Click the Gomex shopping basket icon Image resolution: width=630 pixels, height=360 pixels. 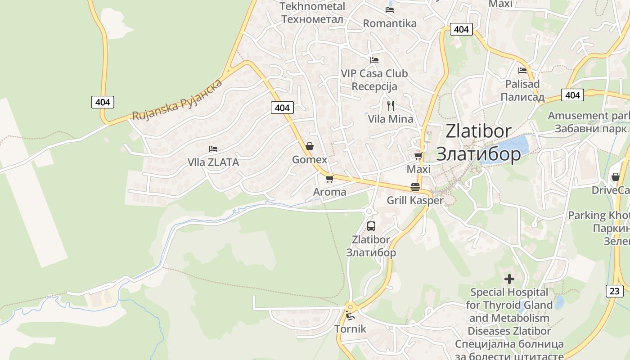[309, 146]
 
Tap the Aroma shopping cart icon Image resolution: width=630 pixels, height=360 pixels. [329, 179]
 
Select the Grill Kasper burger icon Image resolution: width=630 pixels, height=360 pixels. [415, 187]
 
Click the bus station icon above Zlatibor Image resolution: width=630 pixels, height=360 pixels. [371, 226]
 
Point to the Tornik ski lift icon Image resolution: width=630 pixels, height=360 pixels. [350, 315]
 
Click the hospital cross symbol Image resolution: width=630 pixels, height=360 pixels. [509, 279]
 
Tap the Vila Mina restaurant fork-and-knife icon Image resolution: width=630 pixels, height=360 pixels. [391, 106]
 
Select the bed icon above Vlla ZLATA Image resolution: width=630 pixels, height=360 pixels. [213, 149]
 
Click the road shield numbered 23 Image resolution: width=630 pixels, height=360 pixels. [615, 291]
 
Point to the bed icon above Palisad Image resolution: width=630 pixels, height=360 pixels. [522, 71]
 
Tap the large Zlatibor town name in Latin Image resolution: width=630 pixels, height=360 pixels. [478, 131]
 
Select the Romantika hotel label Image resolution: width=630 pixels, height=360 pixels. [390, 23]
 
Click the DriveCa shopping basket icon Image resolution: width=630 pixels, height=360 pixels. [615, 177]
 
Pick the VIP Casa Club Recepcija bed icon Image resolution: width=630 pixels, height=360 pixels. [374, 60]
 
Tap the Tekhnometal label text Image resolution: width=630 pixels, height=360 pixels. [312, 6]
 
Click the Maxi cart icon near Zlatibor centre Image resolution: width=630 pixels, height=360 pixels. [418, 156]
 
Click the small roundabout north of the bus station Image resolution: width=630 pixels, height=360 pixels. [369, 211]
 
